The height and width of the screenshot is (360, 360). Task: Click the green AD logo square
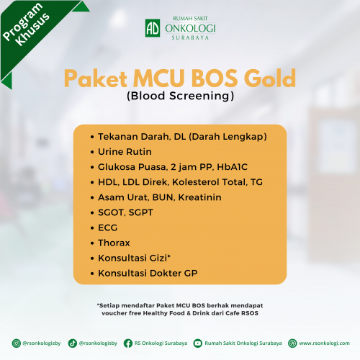(153, 28)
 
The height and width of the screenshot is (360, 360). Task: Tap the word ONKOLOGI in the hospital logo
(190, 28)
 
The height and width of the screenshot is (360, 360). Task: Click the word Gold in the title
(270, 78)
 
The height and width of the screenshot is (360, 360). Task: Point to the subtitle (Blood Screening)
(180, 96)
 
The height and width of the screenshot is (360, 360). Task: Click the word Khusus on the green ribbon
(32, 30)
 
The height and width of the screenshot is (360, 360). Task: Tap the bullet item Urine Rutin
(125, 152)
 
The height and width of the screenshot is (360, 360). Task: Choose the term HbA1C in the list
(232, 167)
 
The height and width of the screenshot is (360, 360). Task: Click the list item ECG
(107, 228)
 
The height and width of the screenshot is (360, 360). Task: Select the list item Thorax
(114, 243)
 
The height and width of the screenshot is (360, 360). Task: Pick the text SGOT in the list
(110, 212)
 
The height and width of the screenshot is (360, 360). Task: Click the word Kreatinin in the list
(199, 197)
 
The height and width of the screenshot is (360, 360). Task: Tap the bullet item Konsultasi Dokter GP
(148, 273)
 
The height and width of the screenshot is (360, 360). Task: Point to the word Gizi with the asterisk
(160, 258)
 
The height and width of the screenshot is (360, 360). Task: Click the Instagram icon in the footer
(17, 343)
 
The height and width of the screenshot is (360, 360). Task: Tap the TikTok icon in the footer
(72, 343)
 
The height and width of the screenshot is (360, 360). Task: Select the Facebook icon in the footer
(128, 343)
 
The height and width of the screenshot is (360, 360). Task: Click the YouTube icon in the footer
(198, 343)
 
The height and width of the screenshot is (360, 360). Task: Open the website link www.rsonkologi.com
(324, 343)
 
